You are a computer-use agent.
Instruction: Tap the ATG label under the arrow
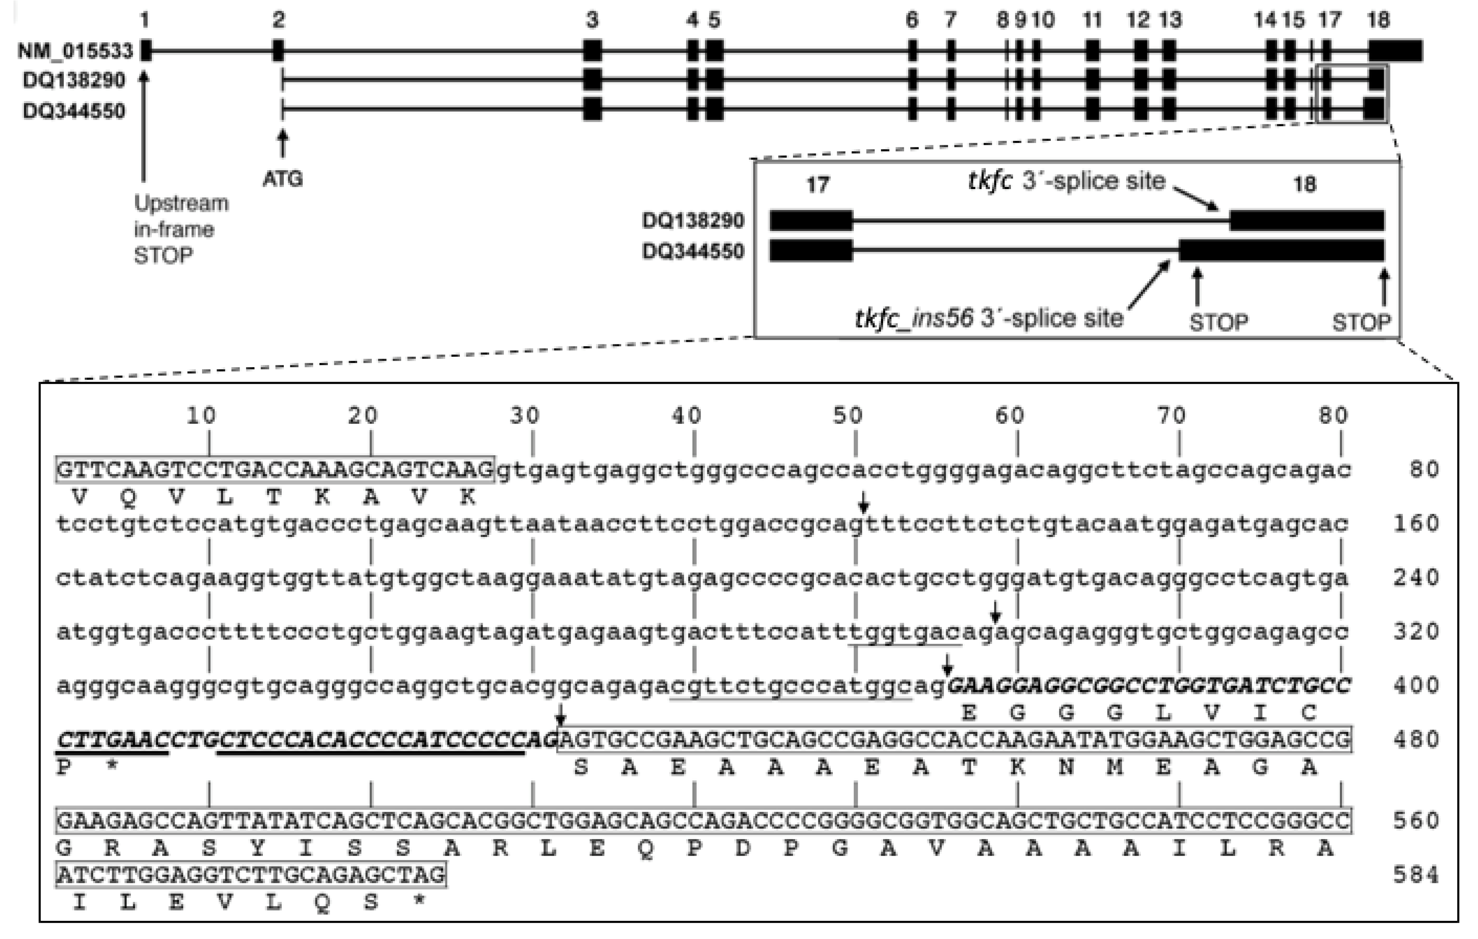[x=282, y=179]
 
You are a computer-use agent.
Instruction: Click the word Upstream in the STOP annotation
[x=181, y=203]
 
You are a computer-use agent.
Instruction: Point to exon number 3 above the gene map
[x=592, y=20]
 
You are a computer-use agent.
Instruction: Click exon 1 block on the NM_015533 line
[x=146, y=50]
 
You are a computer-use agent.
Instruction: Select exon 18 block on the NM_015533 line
[x=1395, y=50]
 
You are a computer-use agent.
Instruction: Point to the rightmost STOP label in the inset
[x=1361, y=322]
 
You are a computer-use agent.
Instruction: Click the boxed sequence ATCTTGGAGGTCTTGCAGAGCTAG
[x=251, y=875]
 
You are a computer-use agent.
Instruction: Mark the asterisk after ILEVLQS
[x=419, y=902]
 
